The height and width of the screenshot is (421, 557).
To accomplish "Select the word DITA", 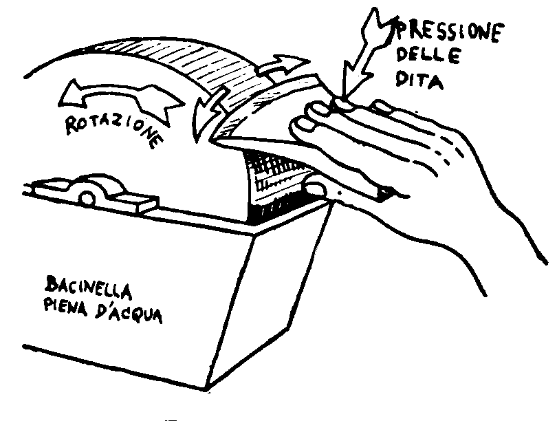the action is [419, 80].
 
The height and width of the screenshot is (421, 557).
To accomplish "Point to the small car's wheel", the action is [87, 198].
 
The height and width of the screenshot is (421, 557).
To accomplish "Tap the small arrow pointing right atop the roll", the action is [283, 65].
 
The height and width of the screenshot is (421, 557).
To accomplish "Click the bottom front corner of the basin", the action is [206, 390].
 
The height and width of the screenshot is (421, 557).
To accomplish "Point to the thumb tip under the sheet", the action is [314, 188].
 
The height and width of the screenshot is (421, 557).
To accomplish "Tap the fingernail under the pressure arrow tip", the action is [344, 103].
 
